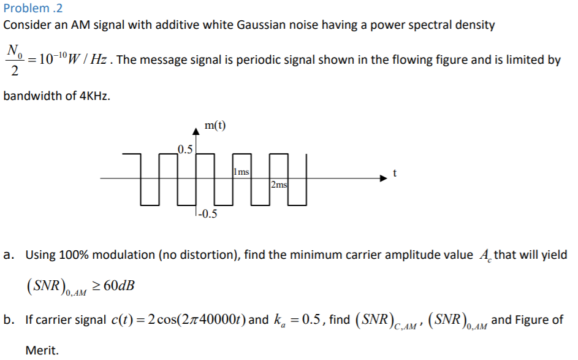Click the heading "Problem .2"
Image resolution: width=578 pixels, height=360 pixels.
[x=33, y=9]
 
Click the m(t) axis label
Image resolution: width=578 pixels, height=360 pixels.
[x=215, y=126]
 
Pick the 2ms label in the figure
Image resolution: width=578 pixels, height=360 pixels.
[x=279, y=185]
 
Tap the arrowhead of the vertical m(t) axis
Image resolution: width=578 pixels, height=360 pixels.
[x=196, y=130]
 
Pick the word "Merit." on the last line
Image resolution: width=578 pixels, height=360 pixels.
[x=42, y=350]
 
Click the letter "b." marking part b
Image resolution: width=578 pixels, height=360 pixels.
[x=9, y=320]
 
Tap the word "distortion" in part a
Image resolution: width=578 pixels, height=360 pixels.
[x=203, y=255]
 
